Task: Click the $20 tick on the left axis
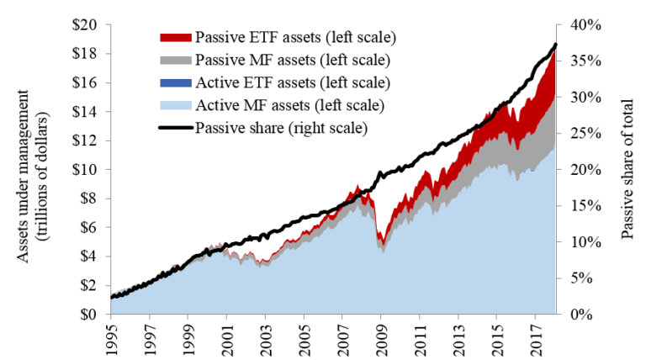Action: point(84,24)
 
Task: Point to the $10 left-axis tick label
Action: point(84,170)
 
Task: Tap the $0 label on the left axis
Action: point(88,315)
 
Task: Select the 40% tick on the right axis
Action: point(583,24)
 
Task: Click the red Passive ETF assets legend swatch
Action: point(174,38)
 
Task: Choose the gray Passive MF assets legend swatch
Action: point(174,61)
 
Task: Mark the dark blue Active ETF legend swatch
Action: point(174,83)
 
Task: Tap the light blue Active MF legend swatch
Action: point(174,106)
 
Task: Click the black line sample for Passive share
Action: point(174,129)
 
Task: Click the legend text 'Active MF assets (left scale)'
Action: point(290,106)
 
